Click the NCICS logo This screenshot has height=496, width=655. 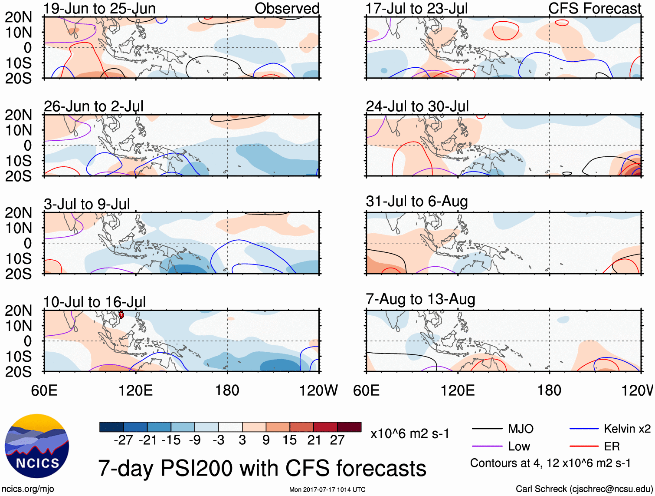click(37, 446)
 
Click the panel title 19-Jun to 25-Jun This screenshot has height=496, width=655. click(99, 9)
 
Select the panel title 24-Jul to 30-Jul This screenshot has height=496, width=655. click(417, 106)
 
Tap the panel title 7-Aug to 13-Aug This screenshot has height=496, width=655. click(420, 299)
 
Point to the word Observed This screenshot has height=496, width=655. click(287, 9)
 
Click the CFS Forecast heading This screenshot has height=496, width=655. click(594, 9)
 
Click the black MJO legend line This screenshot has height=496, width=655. click(487, 429)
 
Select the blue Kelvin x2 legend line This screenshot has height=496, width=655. click(584, 429)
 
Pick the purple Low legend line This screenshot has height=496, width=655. click(487, 446)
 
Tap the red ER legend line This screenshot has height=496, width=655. click(584, 446)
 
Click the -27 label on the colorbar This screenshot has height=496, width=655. click(123, 440)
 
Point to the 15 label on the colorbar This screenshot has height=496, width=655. click(289, 440)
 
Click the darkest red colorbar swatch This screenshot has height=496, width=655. click(349, 427)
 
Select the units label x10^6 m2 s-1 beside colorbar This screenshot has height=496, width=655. click(409, 434)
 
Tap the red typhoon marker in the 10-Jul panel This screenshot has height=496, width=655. click(121, 314)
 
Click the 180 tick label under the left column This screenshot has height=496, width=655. click(227, 390)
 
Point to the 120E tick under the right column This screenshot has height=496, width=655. click(458, 390)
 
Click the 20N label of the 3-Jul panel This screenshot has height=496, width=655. click(18, 213)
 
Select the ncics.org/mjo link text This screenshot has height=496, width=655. click(28, 489)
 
